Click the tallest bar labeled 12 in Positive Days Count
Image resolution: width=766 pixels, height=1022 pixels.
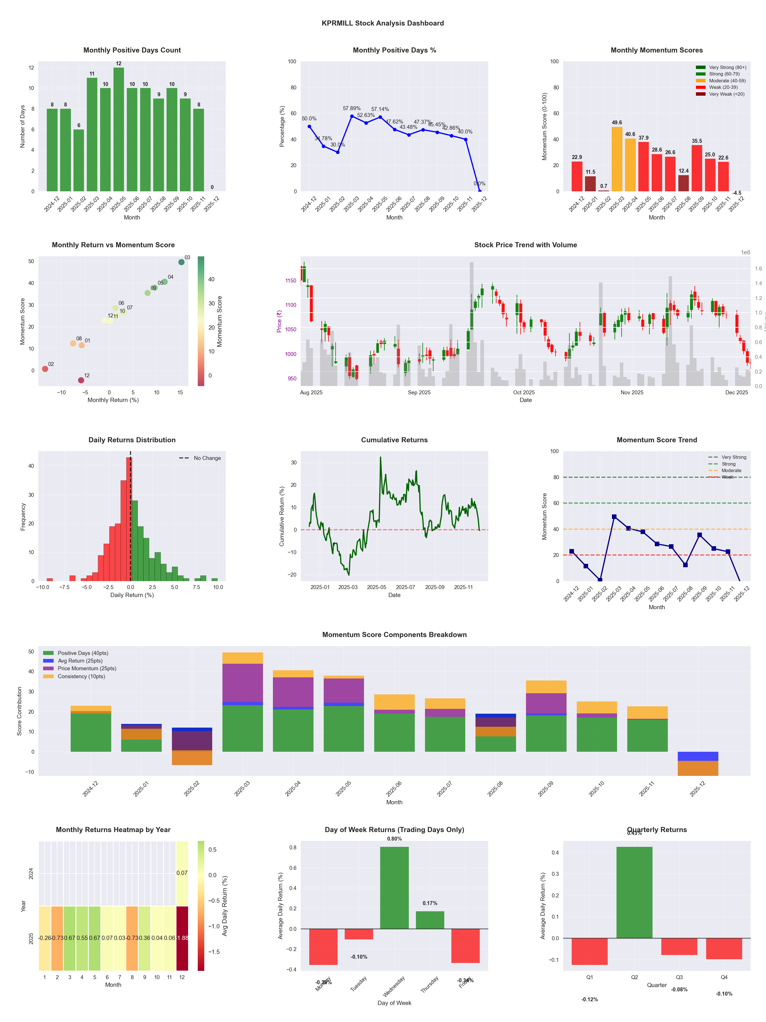pyautogui.click(x=119, y=129)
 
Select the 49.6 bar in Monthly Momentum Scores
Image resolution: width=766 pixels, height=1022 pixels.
pyautogui.click(x=616, y=159)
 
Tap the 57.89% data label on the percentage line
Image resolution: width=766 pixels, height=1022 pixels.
pyautogui.click(x=352, y=108)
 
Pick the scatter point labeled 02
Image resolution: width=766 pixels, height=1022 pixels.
pyautogui.click(x=45, y=369)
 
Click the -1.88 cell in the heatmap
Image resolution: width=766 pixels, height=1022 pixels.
pyautogui.click(x=182, y=938)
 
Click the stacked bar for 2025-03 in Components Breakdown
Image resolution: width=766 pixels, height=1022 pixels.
pyautogui.click(x=242, y=702)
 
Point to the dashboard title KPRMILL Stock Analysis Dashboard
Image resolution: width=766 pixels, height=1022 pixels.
pyautogui.click(x=382, y=23)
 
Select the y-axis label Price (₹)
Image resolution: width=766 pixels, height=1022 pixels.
pyautogui.click(x=279, y=321)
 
